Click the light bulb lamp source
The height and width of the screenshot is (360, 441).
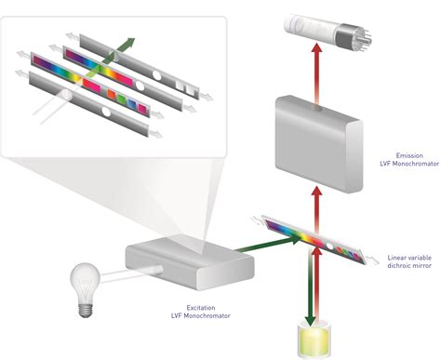coord(85,289)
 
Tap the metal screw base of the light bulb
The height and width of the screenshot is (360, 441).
coord(86,310)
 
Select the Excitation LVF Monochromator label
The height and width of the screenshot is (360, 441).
coord(201,312)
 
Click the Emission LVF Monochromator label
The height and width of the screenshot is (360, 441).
coord(409,159)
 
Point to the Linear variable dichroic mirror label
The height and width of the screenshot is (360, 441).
coord(409,261)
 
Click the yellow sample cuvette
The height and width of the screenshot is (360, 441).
coord(314,339)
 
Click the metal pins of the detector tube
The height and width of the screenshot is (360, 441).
coord(366,38)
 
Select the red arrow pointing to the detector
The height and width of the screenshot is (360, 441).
coord(316,73)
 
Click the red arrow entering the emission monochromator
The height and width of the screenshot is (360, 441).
coord(316,209)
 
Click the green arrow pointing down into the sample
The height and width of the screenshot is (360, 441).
coord(310,287)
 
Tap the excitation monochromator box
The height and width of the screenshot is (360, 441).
coord(190,262)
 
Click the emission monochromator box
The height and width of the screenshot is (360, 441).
coord(319,143)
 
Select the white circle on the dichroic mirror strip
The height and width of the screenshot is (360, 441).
coord(329,247)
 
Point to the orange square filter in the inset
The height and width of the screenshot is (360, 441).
coord(112,94)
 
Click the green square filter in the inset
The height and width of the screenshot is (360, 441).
coord(122,99)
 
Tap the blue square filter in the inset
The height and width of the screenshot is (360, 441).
coord(132,103)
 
